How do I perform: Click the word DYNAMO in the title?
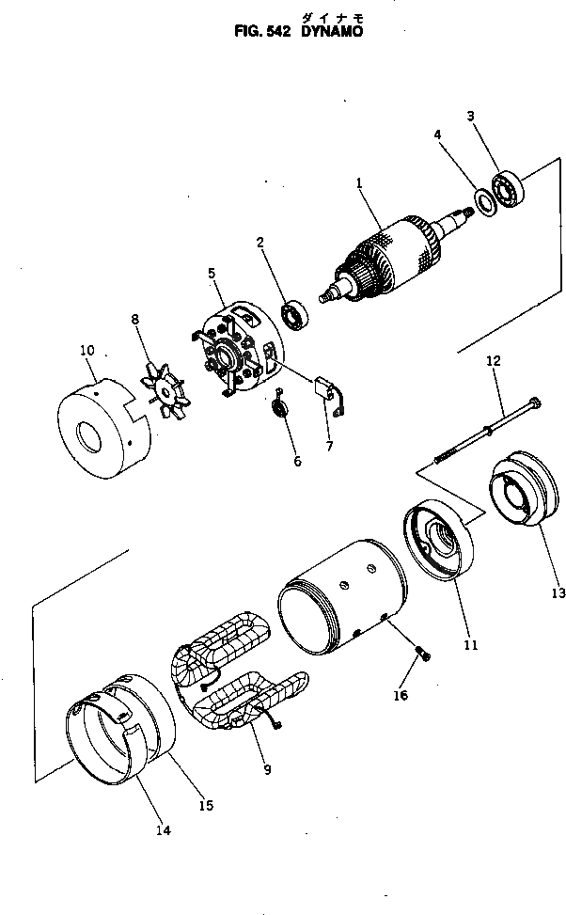point(331,30)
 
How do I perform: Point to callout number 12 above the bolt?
point(494,360)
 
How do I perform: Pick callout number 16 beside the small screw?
point(401,695)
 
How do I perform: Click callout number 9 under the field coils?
point(268,770)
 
